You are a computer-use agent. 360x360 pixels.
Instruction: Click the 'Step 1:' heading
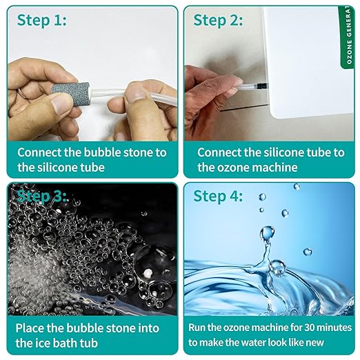click(x=41, y=21)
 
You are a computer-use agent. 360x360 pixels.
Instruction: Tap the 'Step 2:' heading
click(x=218, y=21)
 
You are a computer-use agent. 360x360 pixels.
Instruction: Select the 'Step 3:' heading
click(x=41, y=196)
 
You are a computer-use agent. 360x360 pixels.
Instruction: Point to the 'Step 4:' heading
click(x=218, y=197)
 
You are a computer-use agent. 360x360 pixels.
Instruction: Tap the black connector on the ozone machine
click(x=262, y=86)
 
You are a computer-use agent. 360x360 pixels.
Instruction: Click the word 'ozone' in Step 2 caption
click(x=234, y=168)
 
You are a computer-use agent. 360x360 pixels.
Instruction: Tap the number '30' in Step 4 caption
click(x=311, y=328)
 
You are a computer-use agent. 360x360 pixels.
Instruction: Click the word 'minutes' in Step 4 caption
click(x=335, y=328)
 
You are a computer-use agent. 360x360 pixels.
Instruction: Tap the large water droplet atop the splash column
click(x=267, y=234)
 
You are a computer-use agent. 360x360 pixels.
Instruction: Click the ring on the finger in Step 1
click(x=21, y=93)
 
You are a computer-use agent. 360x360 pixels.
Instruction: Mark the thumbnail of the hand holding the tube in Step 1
click(x=134, y=94)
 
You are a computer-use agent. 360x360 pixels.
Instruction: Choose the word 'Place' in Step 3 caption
click(x=30, y=328)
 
